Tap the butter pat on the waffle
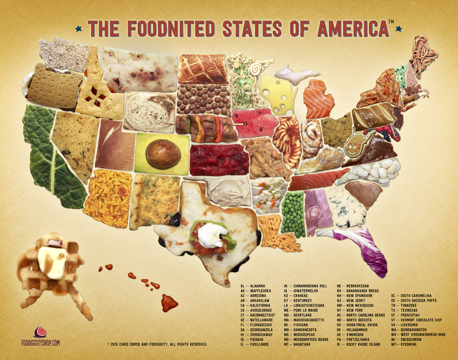[54, 262]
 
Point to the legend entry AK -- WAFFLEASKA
[257, 290]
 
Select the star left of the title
[78, 29]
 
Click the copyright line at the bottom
[157, 344]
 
